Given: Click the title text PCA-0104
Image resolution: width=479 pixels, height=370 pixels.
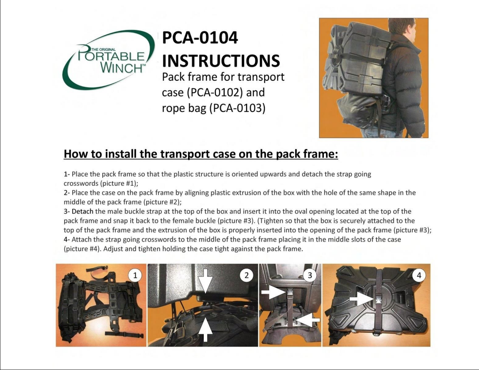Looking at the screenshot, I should click(200, 38).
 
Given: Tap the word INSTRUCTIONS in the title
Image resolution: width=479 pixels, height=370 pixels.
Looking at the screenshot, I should click(221, 61).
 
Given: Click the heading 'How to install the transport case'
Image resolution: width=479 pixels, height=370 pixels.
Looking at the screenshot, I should click(200, 154).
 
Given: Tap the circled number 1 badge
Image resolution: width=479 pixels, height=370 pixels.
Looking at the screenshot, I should click(135, 275).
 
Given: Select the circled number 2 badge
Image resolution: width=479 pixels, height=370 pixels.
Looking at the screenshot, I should click(246, 275).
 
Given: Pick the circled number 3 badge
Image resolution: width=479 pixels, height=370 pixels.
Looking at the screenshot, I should click(310, 275).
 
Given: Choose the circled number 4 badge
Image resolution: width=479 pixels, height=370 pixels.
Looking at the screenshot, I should click(419, 275).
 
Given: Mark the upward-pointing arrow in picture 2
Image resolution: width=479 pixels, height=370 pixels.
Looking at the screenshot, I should click(205, 330).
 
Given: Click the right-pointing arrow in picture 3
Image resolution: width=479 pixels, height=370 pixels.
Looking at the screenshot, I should click(273, 292).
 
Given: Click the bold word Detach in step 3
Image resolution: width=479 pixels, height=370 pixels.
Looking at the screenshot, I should click(82, 211).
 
